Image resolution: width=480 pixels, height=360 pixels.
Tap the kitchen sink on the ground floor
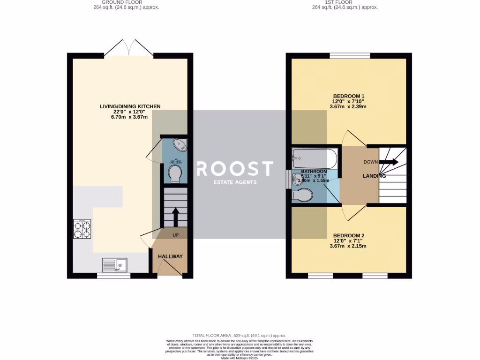[114, 266]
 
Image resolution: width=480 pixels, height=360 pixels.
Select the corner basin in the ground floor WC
[179, 144]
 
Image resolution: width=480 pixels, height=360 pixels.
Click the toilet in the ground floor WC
[175, 173]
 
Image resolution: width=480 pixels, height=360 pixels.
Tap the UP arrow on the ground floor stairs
[175, 217]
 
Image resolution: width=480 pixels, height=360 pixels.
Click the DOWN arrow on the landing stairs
[388, 162]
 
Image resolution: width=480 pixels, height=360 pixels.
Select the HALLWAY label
[170, 256]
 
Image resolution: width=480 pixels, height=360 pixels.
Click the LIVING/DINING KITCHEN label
[130, 106]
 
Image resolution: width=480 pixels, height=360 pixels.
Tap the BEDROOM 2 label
[349, 235]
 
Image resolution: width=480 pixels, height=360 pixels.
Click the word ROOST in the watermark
[234, 168]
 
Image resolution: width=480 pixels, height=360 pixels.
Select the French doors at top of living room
[129, 49]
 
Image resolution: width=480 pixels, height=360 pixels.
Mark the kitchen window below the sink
[113, 276]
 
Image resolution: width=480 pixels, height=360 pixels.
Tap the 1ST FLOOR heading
[338, 2]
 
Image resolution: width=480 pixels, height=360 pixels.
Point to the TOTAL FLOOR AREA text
[240, 336]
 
